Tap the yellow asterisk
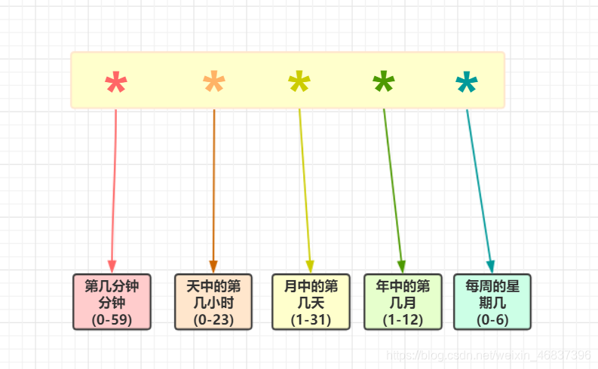tap(299, 83)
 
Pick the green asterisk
tap(384, 83)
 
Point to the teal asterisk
tap(467, 83)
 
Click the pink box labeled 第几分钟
tap(112, 301)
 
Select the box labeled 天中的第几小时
tap(213, 301)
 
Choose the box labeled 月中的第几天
tap(311, 301)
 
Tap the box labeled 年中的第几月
tap(402, 301)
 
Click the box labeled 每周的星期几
tap(492, 301)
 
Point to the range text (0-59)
tap(112, 319)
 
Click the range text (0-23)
tap(213, 319)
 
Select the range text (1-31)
tap(311, 319)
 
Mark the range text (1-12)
tap(402, 319)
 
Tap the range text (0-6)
tap(492, 319)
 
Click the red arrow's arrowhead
tap(112, 267)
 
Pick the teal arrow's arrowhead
tap(490, 267)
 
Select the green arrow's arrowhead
tap(401, 267)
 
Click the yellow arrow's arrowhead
tap(310, 267)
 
